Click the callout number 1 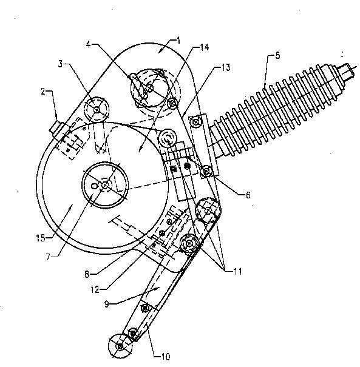click(x=178, y=41)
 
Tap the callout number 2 click(x=43, y=92)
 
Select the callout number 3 click(x=61, y=64)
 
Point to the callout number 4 click(x=88, y=44)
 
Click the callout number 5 click(x=277, y=56)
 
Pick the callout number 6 click(x=248, y=195)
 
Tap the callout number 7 click(x=48, y=257)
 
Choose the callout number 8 click(x=87, y=274)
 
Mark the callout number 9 click(x=107, y=305)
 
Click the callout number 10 click(x=165, y=357)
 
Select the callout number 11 click(x=237, y=272)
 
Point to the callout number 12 click(x=95, y=290)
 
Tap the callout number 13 click(x=226, y=67)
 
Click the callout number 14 click(x=204, y=47)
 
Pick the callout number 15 click(x=41, y=238)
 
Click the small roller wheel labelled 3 click(x=97, y=109)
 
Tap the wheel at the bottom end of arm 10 click(x=120, y=346)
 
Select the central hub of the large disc click(x=105, y=185)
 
